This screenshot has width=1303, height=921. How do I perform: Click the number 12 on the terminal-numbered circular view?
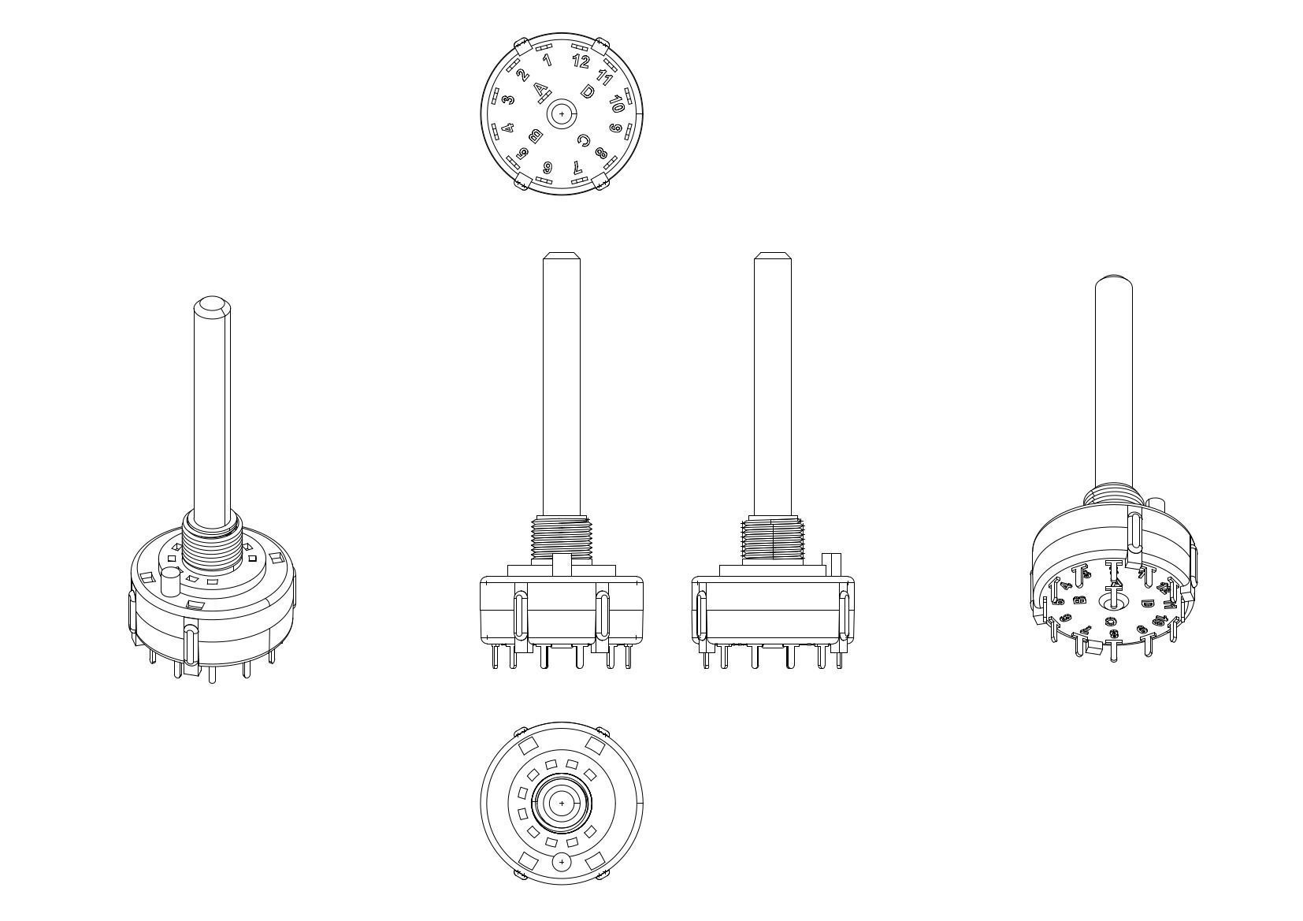pos(581,61)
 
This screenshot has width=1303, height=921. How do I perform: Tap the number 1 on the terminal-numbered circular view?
pos(547,60)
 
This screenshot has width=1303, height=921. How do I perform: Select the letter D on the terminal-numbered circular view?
pos(587,91)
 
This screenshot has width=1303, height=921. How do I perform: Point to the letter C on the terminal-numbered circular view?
pos(583,141)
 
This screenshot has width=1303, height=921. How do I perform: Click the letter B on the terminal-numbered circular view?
pos(536,136)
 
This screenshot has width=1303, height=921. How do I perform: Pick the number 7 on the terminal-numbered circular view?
pos(577,167)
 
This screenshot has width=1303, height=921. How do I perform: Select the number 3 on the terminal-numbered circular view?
pos(509,99)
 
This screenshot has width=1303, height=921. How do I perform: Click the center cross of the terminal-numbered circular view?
pos(561,114)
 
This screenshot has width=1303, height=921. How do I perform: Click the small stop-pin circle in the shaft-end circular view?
pos(561,863)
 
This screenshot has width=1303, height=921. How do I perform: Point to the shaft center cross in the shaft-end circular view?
pos(561,804)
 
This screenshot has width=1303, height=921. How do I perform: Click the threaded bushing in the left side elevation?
pos(560,539)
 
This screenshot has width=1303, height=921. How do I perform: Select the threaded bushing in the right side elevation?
pos(773,540)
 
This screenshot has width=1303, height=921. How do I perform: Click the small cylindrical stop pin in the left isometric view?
pos(170,582)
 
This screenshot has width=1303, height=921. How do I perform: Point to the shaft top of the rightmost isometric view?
pos(1113,280)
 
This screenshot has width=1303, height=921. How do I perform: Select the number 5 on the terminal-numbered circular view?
pos(523,153)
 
